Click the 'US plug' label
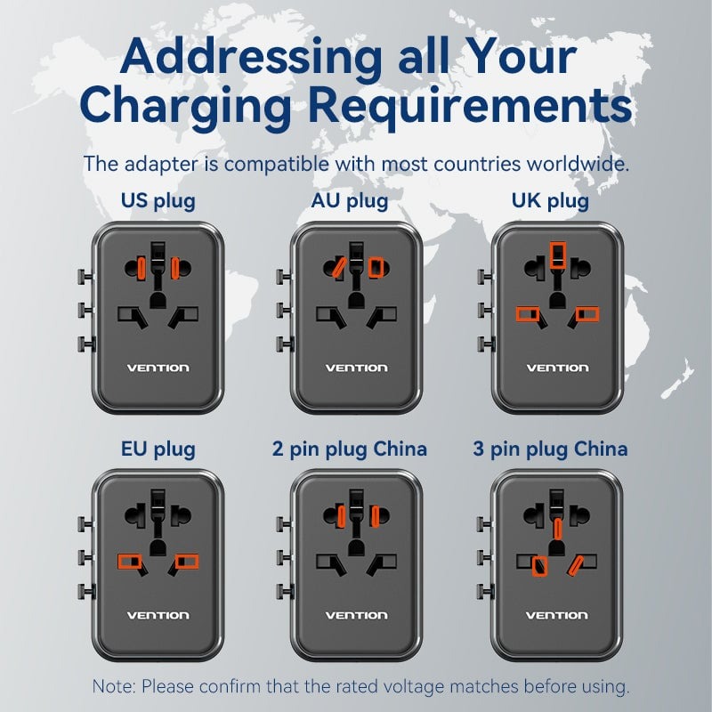(x=158, y=201)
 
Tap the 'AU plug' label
(x=350, y=201)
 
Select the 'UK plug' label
(x=550, y=201)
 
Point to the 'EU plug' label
(x=158, y=449)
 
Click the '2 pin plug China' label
(x=350, y=449)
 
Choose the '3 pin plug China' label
(x=550, y=449)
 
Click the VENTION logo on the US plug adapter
(x=158, y=368)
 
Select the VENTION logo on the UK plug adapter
(x=558, y=368)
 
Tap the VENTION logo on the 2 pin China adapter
(x=357, y=615)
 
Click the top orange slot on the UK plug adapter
(x=558, y=255)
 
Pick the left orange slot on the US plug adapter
(x=142, y=268)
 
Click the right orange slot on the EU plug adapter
(x=187, y=562)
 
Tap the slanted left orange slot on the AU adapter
(x=339, y=267)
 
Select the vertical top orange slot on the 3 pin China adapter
(x=557, y=528)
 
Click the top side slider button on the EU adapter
(x=85, y=523)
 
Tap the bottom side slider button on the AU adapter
(x=285, y=344)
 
